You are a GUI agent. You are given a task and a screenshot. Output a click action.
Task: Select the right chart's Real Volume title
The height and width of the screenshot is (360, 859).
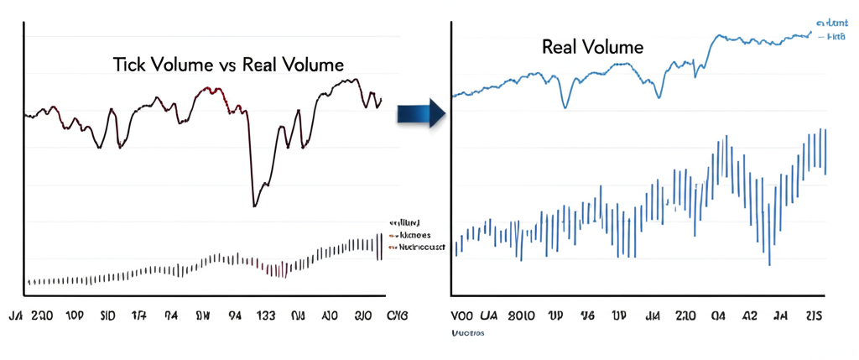tap(592, 47)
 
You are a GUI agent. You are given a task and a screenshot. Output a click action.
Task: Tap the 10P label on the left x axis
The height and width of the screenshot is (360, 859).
tap(75, 317)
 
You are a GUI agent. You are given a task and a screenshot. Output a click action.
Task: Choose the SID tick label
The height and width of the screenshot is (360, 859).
tap(107, 317)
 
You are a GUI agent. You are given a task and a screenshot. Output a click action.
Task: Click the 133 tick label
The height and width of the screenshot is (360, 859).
tap(265, 317)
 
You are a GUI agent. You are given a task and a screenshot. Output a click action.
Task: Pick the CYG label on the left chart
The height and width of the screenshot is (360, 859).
tap(396, 317)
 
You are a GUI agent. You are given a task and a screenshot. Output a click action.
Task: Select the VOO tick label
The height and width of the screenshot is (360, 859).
tap(465, 317)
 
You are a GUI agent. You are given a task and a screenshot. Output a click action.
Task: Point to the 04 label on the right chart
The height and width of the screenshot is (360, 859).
tap(719, 317)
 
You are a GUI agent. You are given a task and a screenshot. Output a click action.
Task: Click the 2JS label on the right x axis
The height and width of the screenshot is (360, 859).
tap(814, 317)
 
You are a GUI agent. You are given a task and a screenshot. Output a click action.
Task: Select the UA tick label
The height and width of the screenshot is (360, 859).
tap(491, 317)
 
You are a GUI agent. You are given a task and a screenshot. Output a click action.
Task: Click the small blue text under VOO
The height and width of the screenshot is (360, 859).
tap(468, 333)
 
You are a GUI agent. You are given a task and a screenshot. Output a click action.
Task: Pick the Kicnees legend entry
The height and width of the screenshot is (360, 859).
tap(409, 236)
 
